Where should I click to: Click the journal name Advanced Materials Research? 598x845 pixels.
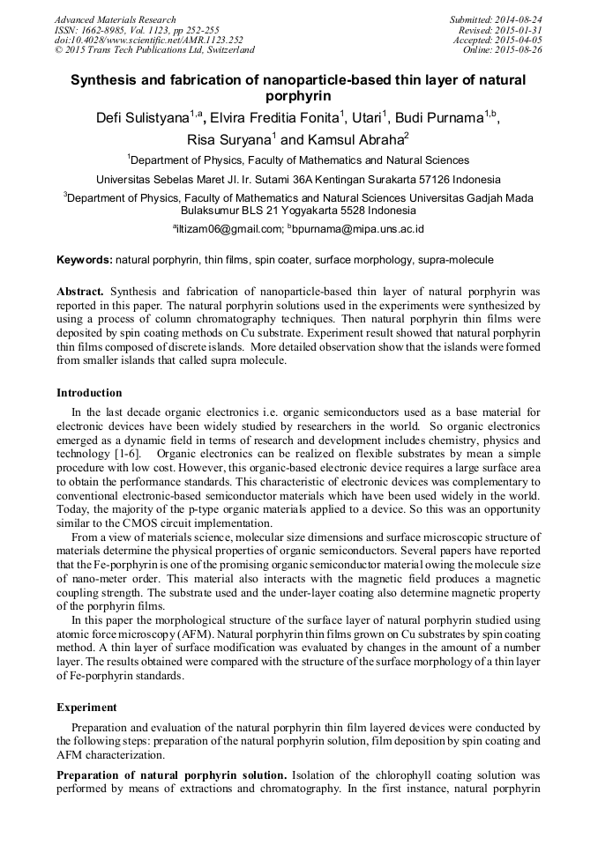coord(115,19)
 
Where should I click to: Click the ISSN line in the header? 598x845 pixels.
coord(137,29)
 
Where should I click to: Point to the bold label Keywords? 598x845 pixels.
coord(84,261)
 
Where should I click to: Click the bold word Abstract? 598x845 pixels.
coord(79,291)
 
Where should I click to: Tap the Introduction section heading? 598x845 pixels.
coord(89,393)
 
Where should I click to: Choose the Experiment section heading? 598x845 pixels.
coord(86,707)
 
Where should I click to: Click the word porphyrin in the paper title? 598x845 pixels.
coord(298,95)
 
